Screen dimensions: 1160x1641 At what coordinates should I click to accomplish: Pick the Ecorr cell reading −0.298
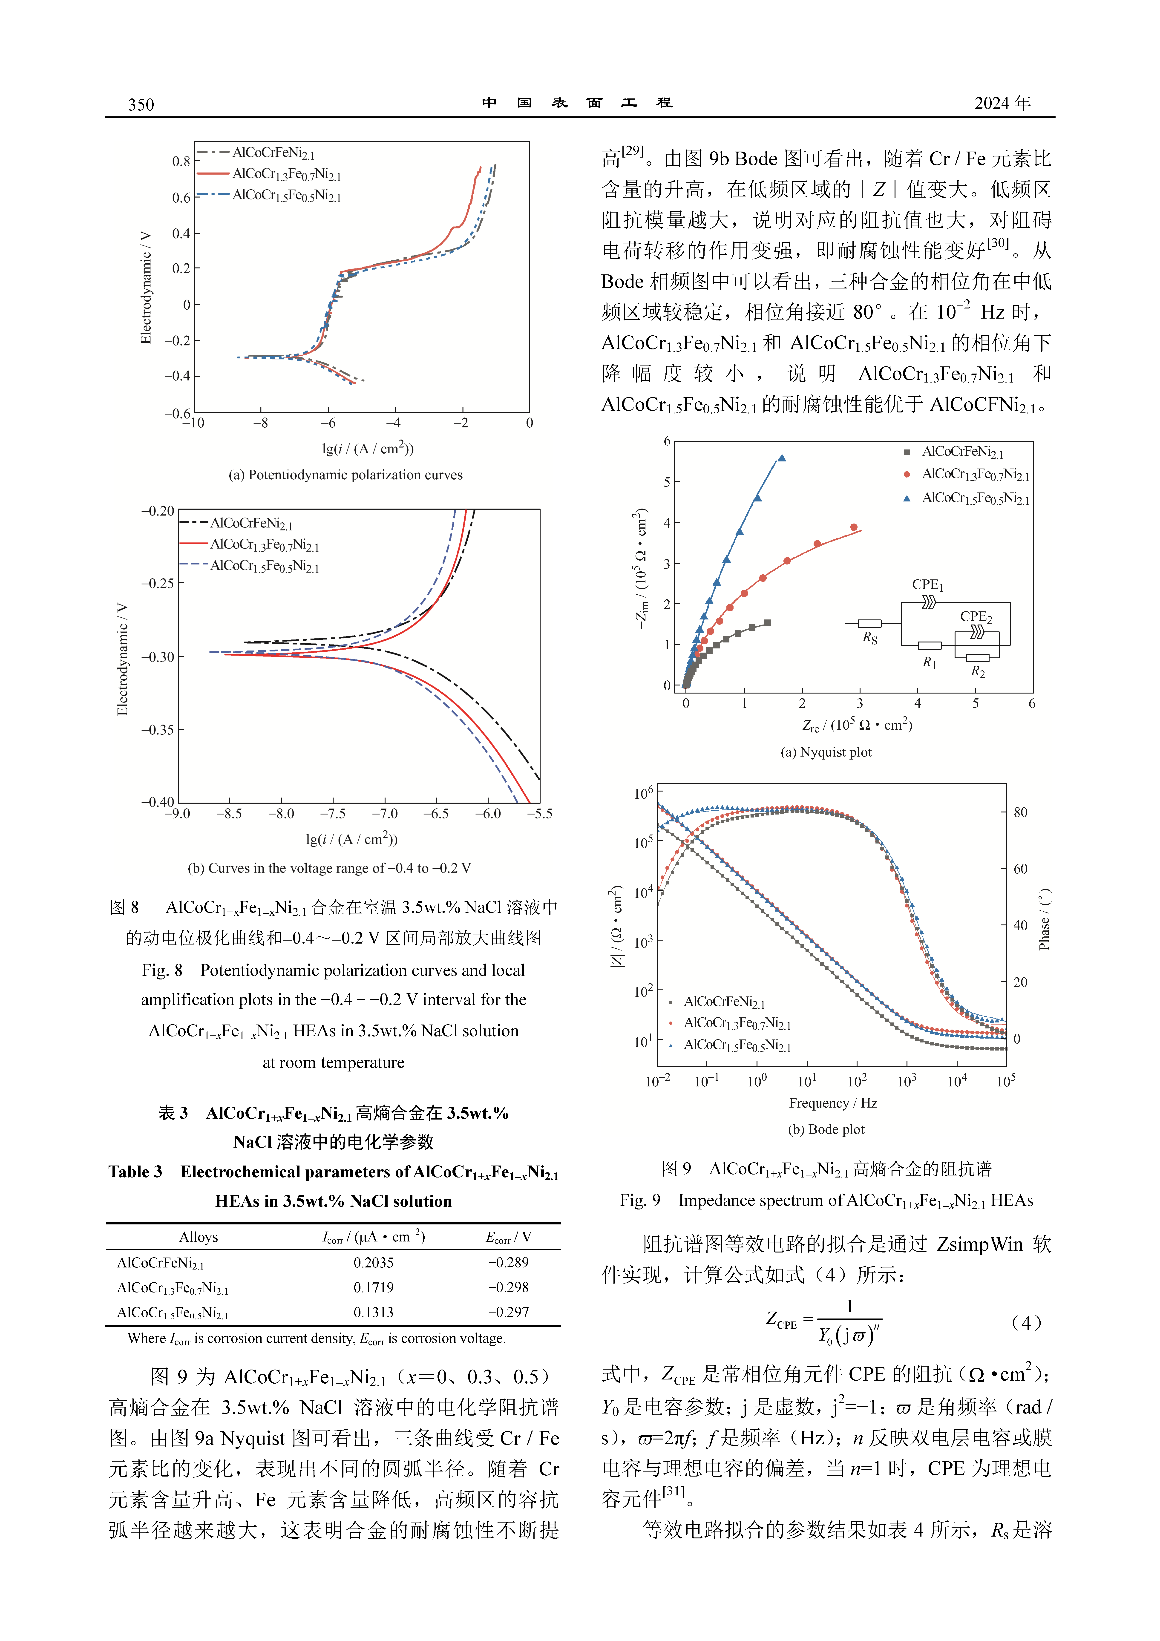pyautogui.click(x=508, y=1287)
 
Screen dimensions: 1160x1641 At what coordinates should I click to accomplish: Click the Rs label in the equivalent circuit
pyautogui.click(x=870, y=638)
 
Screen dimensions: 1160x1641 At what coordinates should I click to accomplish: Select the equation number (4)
pyautogui.click(x=1026, y=1323)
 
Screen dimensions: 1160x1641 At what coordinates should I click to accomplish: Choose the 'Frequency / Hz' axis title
pyautogui.click(x=833, y=1103)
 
